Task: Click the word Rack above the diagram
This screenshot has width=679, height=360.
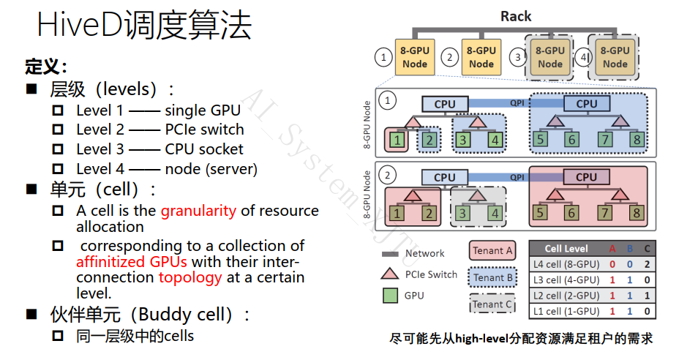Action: [515, 16]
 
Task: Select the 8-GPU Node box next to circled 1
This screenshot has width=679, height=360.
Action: [415, 57]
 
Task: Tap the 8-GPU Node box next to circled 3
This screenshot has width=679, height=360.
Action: [550, 57]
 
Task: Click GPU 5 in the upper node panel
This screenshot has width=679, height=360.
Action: [540, 140]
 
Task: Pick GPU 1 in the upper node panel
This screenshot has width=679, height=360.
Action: [397, 140]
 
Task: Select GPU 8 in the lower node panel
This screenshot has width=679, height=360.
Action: [637, 213]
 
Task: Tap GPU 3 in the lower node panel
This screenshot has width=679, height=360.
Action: [462, 213]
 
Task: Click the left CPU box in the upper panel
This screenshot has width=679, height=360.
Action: [445, 104]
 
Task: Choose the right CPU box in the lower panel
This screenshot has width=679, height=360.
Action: [586, 177]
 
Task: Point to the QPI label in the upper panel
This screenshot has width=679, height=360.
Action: [517, 103]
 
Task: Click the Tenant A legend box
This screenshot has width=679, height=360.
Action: [492, 251]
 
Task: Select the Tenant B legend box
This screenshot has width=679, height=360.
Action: [492, 277]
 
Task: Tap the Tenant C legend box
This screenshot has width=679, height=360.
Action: [492, 304]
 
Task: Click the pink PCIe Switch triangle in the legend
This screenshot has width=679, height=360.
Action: [390, 274]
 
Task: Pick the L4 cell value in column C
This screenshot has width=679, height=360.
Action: [647, 264]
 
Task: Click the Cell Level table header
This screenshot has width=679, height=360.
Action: [566, 249]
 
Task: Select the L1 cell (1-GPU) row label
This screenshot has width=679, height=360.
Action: [566, 311]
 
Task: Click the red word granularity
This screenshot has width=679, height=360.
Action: [198, 211]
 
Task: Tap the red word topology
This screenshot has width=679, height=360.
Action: [190, 278]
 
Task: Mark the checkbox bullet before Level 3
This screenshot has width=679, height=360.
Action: [58, 149]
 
